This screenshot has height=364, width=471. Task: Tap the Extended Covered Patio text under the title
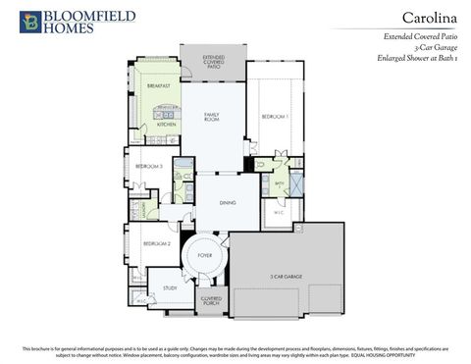click(x=417, y=35)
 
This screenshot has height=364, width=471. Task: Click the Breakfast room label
click(x=159, y=86)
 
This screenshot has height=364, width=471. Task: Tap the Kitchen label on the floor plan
click(x=166, y=125)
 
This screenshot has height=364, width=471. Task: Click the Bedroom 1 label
click(x=275, y=117)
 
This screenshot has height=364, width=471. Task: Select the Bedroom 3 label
click(x=149, y=167)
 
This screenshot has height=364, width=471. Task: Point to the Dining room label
click(x=228, y=202)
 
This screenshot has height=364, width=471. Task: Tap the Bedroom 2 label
click(x=156, y=243)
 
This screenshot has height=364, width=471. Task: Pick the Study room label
click(x=169, y=288)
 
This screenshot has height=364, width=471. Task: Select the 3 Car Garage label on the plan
click(x=287, y=277)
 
